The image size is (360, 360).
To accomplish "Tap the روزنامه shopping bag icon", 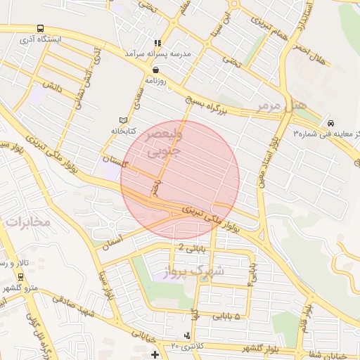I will coord(155,70).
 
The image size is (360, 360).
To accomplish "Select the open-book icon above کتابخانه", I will coord(124,120).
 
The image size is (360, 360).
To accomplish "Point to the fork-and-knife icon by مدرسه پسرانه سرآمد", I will coord(158,43).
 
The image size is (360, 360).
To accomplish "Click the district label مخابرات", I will coord(27,221).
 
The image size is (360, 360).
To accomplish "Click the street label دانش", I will coord(50,86).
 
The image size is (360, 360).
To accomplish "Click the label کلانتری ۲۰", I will coord(186,346).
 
